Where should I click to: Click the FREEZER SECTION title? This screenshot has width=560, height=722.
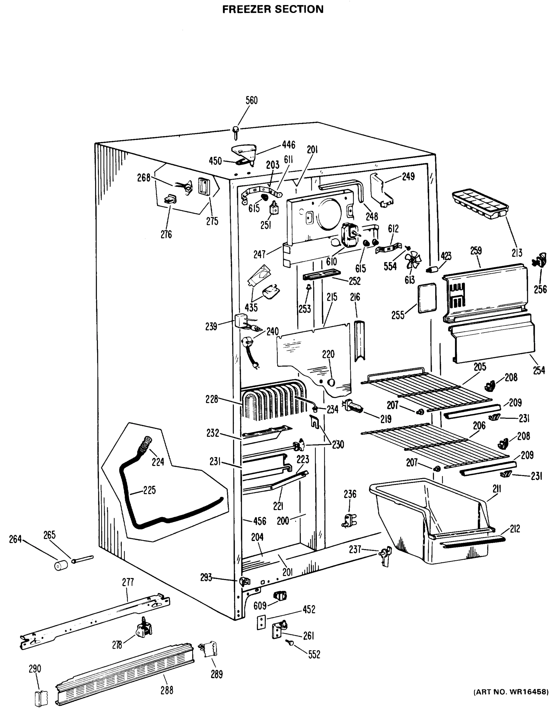click(x=273, y=9)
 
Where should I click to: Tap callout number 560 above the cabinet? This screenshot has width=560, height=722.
click(x=252, y=100)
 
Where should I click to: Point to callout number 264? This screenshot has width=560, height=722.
click(x=15, y=539)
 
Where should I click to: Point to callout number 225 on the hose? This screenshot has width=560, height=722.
click(x=150, y=490)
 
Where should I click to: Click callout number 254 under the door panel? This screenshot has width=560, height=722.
click(x=539, y=370)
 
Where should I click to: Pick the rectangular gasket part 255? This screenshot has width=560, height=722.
click(x=427, y=298)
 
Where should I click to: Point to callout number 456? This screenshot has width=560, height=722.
click(x=259, y=521)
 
